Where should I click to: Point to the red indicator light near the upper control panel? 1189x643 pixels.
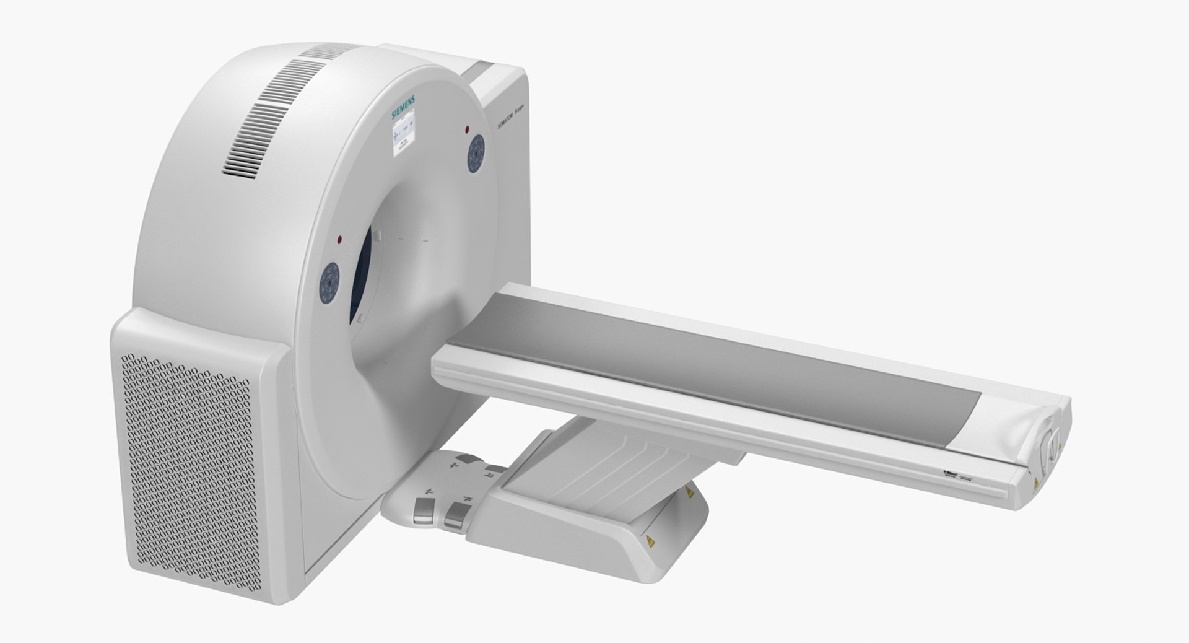(x=467, y=128)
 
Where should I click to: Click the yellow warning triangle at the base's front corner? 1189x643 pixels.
(x=651, y=543)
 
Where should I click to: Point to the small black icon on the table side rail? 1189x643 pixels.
(x=949, y=475)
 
